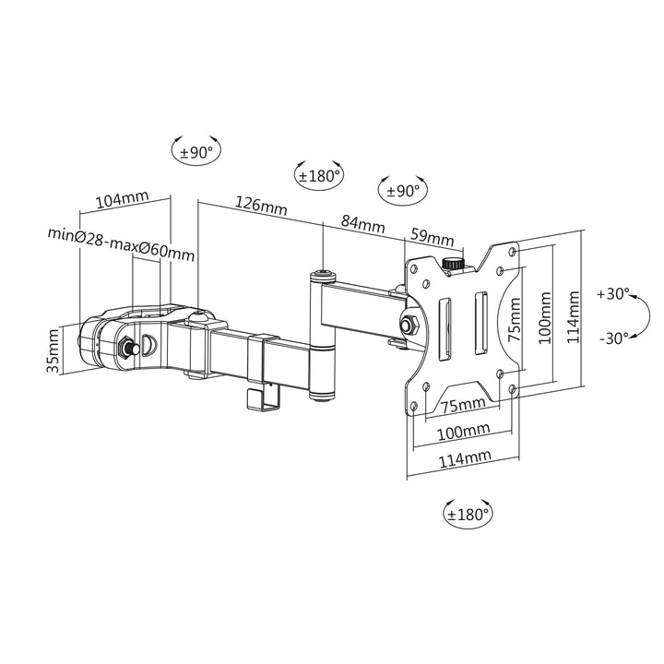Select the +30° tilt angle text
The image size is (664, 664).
click(612, 294)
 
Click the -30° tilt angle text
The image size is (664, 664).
click(613, 338)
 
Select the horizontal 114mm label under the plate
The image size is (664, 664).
click(464, 456)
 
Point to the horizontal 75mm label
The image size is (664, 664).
click(464, 404)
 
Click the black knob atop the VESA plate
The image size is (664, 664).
click(453, 264)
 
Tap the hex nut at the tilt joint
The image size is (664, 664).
click(409, 325)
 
